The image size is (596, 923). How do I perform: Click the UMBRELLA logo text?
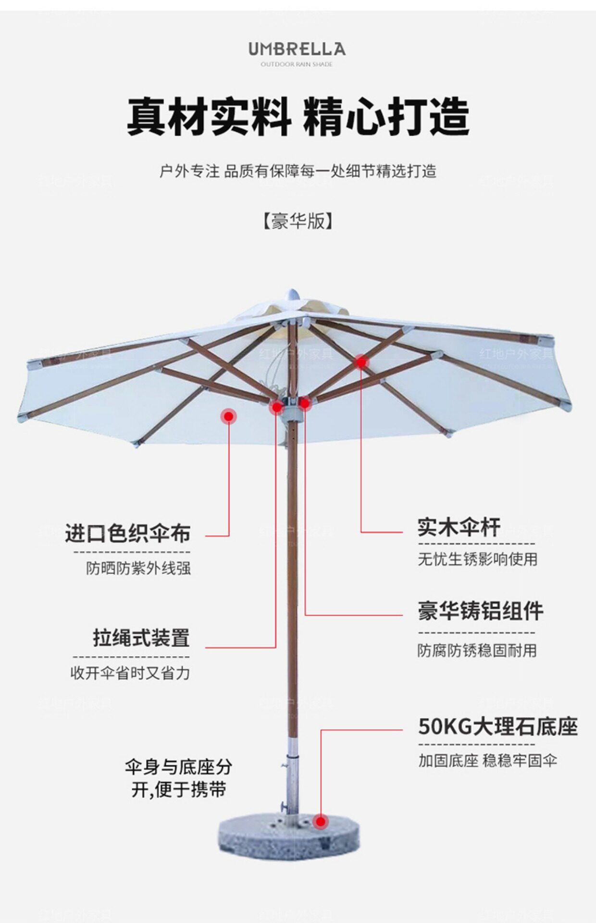coord(297,49)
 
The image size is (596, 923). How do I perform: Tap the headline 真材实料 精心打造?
coord(298,117)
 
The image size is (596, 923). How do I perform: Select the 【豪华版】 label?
coord(298,221)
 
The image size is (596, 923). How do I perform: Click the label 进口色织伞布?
coord(128,533)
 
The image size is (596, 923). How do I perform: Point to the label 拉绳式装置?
coord(141,638)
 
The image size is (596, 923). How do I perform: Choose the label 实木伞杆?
coord(459,527)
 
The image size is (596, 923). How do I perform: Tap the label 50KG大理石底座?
coord(497,726)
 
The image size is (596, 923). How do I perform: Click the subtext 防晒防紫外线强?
coord(138,568)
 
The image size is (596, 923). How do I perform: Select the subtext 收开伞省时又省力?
coord(130,673)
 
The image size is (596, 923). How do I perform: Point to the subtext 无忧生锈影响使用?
coord(477,559)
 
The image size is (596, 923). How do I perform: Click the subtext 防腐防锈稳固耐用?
coord(477,650)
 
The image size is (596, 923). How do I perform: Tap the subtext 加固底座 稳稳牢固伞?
coord(487,761)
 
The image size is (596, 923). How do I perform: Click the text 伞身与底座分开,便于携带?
coord(178,778)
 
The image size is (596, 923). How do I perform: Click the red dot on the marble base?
coord(321,822)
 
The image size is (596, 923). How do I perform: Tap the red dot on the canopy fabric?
coord(229,416)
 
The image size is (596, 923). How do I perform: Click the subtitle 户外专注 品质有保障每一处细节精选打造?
coord(298,171)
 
